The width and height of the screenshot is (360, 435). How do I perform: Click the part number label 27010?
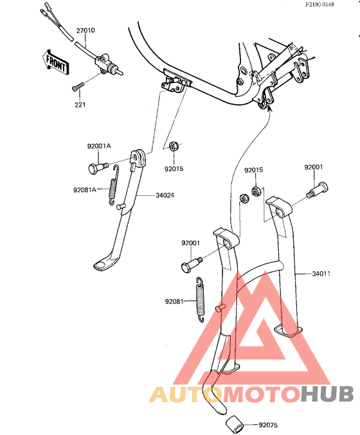[x=85, y=30]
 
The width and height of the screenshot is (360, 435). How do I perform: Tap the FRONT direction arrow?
[x=55, y=62]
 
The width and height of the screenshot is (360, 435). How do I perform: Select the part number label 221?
[x=80, y=105]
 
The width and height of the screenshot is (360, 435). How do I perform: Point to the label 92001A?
[x=99, y=146]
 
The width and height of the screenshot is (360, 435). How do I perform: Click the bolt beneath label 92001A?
[x=98, y=168]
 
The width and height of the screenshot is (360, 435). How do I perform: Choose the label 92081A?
[x=85, y=190]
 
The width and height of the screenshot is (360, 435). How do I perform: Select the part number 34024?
[x=165, y=195]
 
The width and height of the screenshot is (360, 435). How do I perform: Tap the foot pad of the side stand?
[x=103, y=264]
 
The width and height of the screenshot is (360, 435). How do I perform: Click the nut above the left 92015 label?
[x=174, y=146]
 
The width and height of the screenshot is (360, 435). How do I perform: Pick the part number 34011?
[x=321, y=274]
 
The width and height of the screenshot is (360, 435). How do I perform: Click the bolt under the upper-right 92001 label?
[x=318, y=190]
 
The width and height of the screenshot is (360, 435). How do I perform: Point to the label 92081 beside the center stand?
[x=174, y=301]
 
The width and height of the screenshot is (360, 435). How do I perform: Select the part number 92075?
[x=268, y=425]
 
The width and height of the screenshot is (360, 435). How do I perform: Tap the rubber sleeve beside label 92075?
[x=234, y=424]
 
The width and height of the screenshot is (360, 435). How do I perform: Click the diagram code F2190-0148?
[x=319, y=4]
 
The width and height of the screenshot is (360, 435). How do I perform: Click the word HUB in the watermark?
[x=327, y=394]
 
